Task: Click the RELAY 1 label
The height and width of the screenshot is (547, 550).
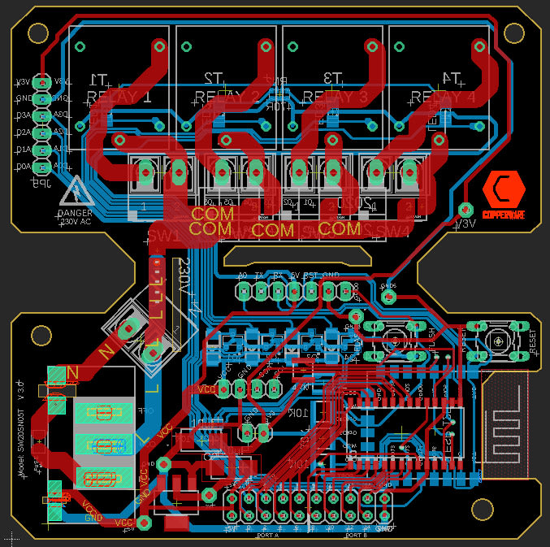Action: [119, 98]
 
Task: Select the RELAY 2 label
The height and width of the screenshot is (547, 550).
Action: [227, 98]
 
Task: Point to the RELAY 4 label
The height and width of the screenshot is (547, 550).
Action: [443, 98]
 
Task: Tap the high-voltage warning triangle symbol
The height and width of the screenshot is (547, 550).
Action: [77, 192]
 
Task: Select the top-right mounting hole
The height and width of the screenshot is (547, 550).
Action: [513, 33]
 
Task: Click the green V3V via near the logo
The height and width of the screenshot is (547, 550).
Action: [466, 209]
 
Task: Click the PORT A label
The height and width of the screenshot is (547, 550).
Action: [267, 536]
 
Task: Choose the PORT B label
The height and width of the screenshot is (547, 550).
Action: [355, 536]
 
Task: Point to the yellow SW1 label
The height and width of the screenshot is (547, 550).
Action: [164, 236]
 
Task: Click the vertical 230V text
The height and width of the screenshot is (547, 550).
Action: [181, 277]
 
